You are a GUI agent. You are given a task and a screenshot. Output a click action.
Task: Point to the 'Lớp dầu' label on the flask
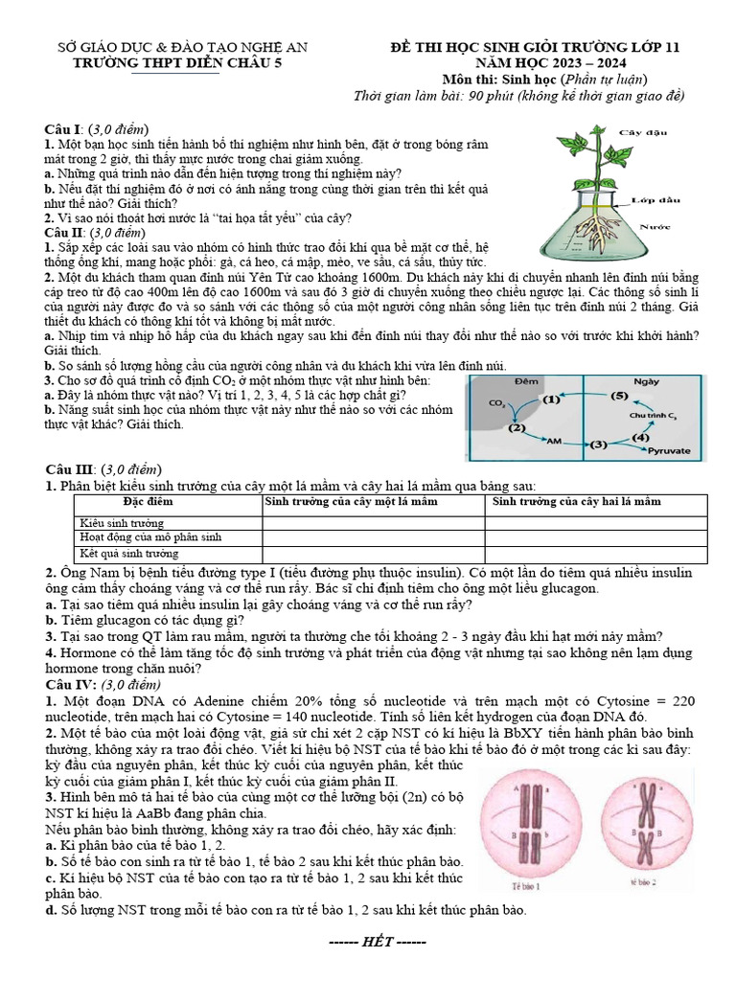[x=655, y=199]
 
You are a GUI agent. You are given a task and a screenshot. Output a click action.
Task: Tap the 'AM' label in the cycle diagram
[x=553, y=441]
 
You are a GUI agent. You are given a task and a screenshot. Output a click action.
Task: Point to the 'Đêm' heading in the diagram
[x=523, y=381]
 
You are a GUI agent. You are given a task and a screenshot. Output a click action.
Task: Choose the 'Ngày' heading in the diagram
[x=647, y=381]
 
